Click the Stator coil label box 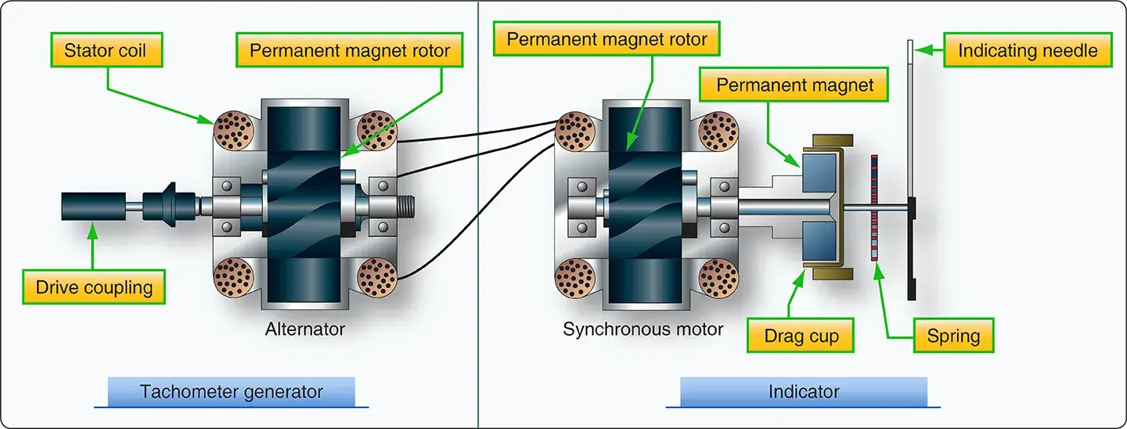click(x=104, y=52)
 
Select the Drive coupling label click(x=94, y=287)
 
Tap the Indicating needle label click(x=1028, y=51)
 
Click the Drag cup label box click(x=801, y=337)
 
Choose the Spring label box click(x=952, y=337)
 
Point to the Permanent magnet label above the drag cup click(x=794, y=85)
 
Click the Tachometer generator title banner click(x=231, y=391)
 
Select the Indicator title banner click(x=803, y=391)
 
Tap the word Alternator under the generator click(x=304, y=329)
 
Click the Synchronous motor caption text click(x=643, y=329)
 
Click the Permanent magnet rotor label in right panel click(x=607, y=38)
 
